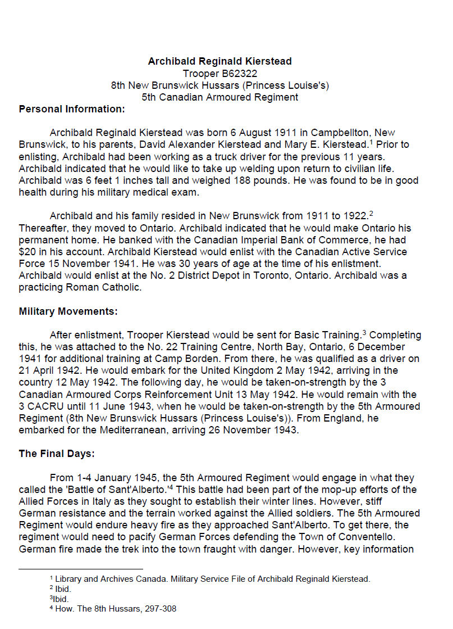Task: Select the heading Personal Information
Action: click(72, 109)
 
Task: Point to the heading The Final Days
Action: click(58, 454)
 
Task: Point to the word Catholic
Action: click(119, 287)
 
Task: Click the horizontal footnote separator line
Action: click(81, 569)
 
